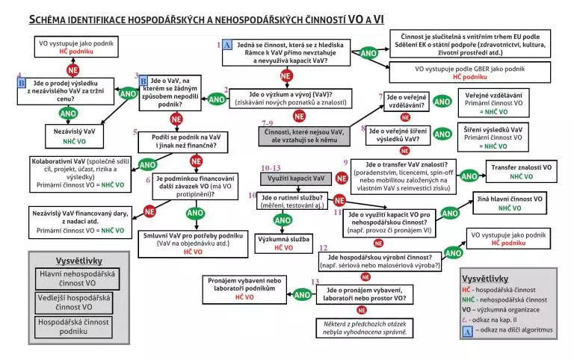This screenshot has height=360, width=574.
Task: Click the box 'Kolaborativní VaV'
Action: pos(78,172)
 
